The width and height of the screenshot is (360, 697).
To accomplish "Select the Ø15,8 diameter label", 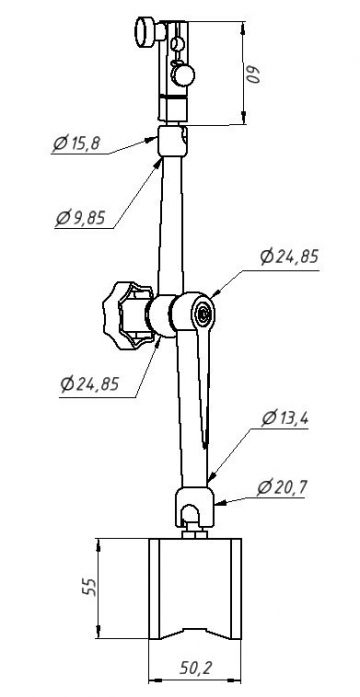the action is [x=77, y=144].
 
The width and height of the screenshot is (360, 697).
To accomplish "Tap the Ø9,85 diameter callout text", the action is [x=81, y=218].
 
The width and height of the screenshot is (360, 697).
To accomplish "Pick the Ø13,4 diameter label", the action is [x=286, y=418].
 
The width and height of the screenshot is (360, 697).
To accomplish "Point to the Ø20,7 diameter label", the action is [x=281, y=488].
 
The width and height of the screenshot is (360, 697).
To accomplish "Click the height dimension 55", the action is [x=89, y=587].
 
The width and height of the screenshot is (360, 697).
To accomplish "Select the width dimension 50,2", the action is [x=196, y=668].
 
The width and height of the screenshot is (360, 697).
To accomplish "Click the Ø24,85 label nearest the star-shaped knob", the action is [x=90, y=384].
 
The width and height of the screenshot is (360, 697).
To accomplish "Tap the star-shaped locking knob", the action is [x=127, y=316].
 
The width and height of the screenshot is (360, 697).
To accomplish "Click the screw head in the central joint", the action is [x=204, y=314].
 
